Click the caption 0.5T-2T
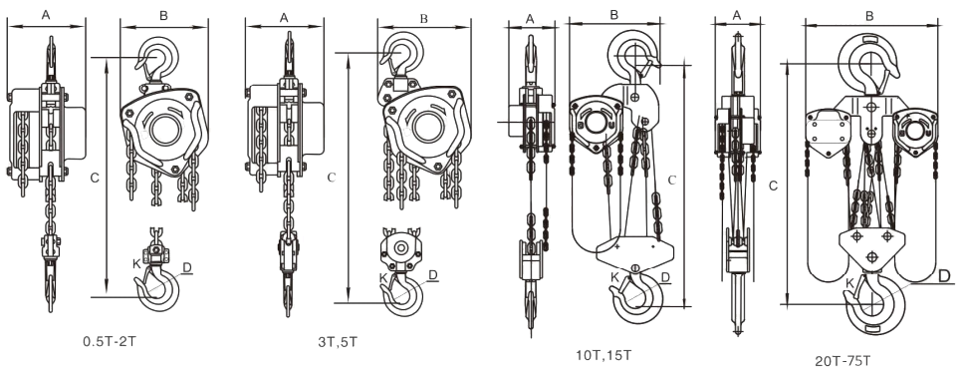109,340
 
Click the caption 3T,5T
338,342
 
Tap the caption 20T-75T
843,361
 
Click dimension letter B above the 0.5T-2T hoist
163,15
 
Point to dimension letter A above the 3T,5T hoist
284,18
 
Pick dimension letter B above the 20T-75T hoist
869,17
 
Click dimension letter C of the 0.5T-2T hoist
95,178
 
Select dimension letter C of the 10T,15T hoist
672,180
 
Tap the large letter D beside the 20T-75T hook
944,275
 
